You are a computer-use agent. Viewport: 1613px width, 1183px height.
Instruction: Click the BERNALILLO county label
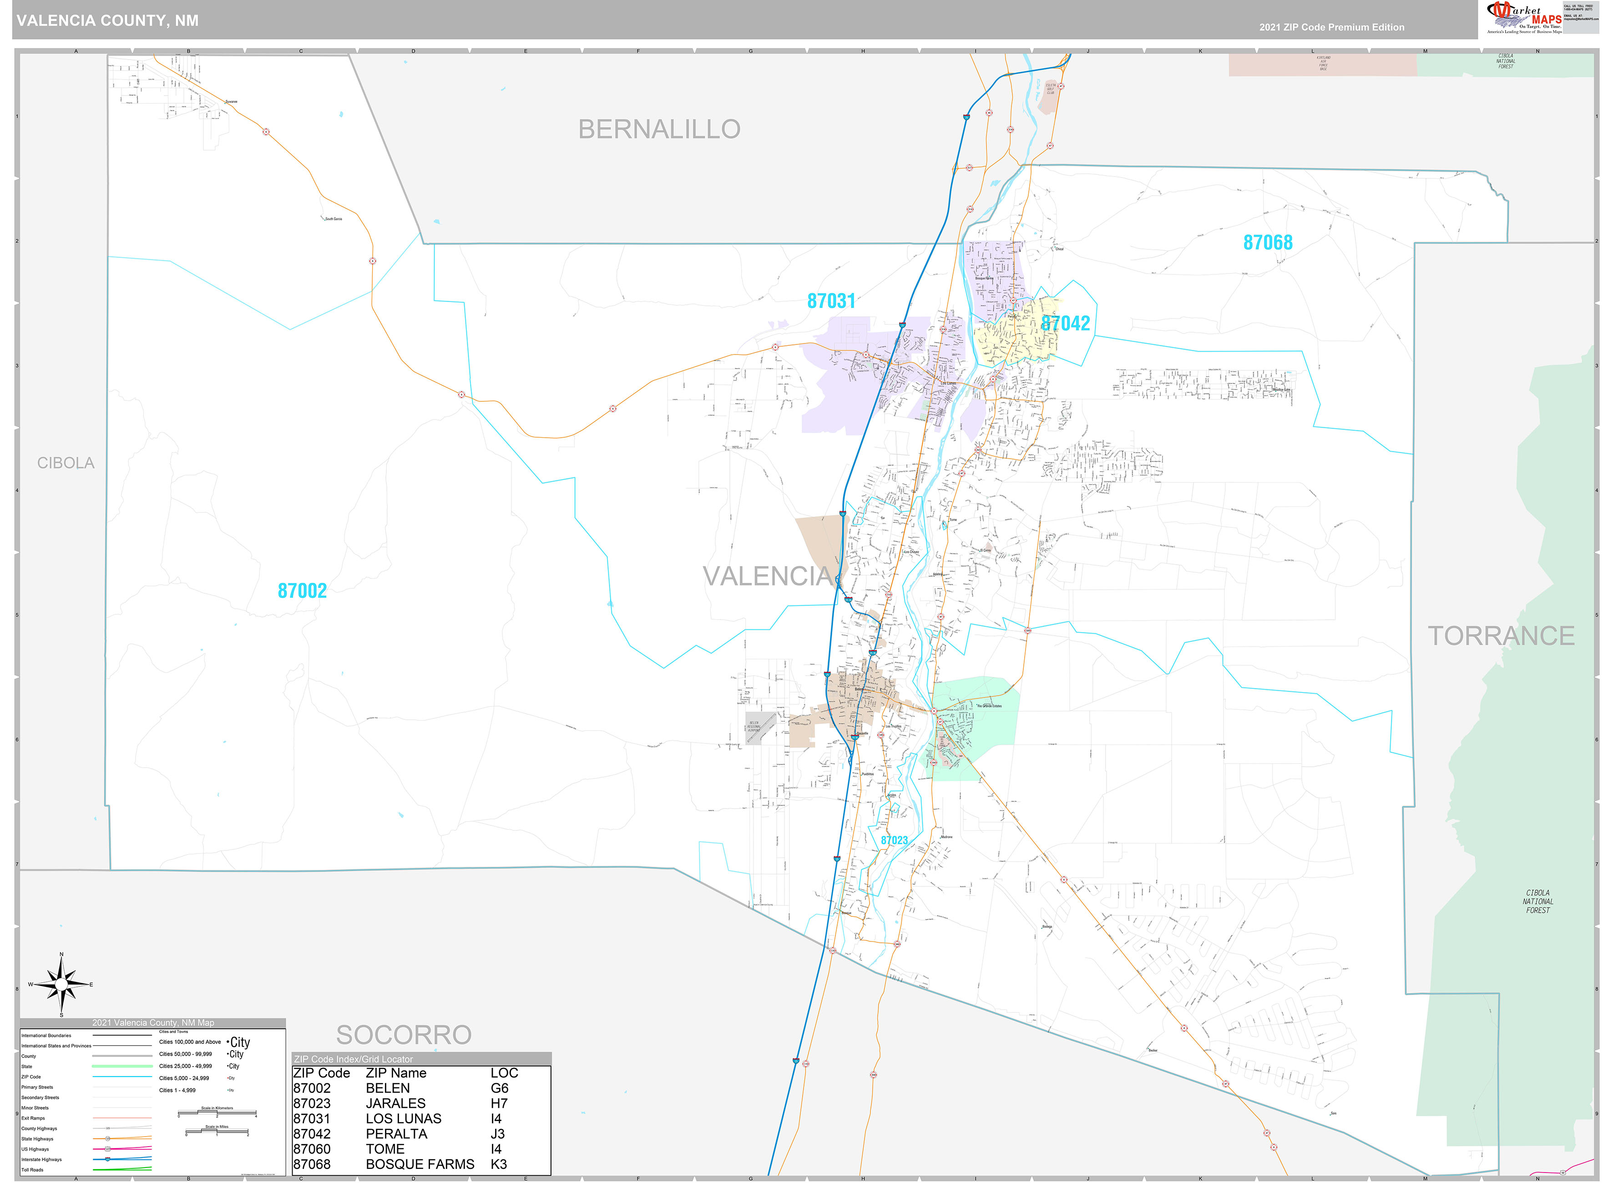[659, 130]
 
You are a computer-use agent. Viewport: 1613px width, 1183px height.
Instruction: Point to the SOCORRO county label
[404, 1035]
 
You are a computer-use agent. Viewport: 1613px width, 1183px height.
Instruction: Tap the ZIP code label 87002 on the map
[302, 591]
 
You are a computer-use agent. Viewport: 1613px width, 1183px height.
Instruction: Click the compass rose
[61, 986]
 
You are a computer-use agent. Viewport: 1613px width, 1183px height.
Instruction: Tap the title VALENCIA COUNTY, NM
[107, 21]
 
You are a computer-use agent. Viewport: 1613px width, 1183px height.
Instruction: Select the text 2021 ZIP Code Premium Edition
[1332, 27]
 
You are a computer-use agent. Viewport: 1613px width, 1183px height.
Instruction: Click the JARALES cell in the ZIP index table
[395, 1103]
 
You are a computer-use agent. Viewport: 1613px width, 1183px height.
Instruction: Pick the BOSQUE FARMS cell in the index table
[420, 1164]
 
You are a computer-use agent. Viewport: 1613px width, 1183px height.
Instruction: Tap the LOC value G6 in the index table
[499, 1088]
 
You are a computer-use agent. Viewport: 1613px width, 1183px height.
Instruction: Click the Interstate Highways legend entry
[41, 1159]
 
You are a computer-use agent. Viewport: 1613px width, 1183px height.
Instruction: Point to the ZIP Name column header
[396, 1073]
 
